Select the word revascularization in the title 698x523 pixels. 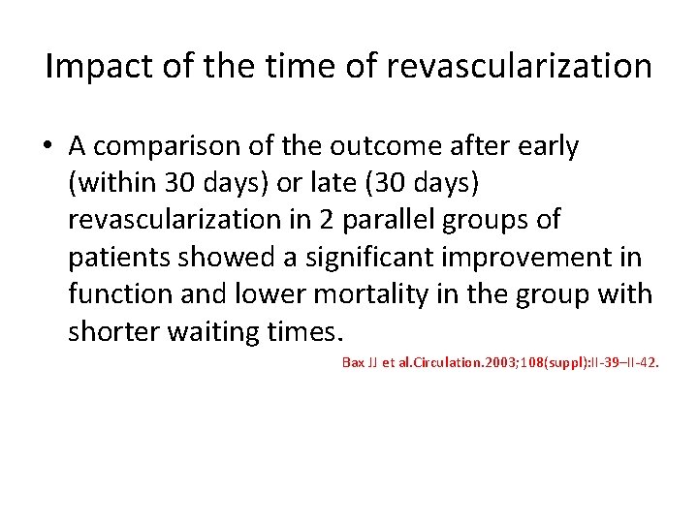[x=520, y=67]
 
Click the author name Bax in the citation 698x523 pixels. [x=353, y=363]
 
